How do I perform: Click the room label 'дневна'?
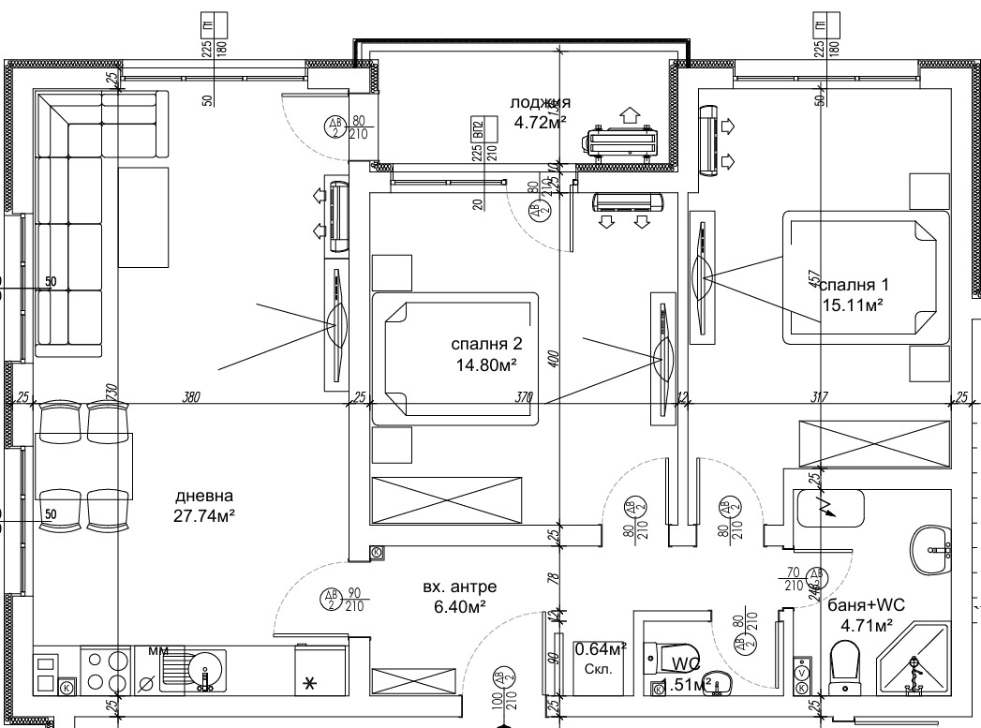[203, 496]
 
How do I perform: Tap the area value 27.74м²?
[203, 514]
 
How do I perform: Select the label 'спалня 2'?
[485, 344]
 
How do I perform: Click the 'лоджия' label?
[540, 102]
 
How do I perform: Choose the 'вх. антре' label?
[459, 587]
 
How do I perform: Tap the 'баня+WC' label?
[860, 605]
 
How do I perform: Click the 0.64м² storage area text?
[600, 648]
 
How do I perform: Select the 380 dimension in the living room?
[192, 396]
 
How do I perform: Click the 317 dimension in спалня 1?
[819, 396]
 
